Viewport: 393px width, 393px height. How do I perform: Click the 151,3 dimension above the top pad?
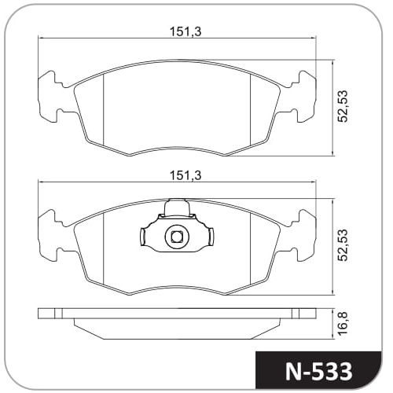(x=185, y=32)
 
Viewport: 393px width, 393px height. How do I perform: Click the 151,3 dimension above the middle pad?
(x=185, y=175)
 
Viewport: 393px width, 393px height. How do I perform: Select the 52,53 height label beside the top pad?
(x=343, y=106)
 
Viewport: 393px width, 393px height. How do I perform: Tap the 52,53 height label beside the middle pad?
(x=343, y=245)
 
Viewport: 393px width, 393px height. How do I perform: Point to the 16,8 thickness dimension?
(x=343, y=323)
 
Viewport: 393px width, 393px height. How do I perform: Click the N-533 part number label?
(x=318, y=372)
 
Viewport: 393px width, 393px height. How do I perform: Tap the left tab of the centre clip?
(x=143, y=237)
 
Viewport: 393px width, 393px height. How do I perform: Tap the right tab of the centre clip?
(x=211, y=237)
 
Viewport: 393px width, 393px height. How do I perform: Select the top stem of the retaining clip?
(x=176, y=208)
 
